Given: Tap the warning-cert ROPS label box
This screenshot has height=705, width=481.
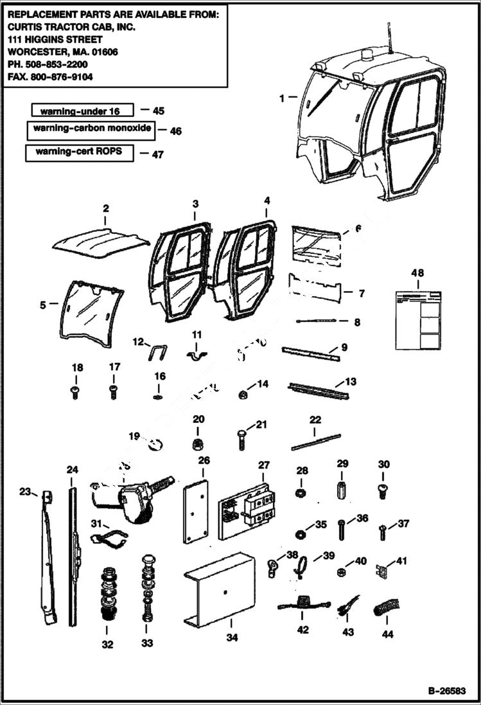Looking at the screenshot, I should point(79,153).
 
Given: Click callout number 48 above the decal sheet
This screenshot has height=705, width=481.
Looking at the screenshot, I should point(417,274).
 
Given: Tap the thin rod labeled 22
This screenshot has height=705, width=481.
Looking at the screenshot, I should point(315,442).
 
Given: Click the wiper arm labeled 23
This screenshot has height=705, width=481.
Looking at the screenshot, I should point(49,559).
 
